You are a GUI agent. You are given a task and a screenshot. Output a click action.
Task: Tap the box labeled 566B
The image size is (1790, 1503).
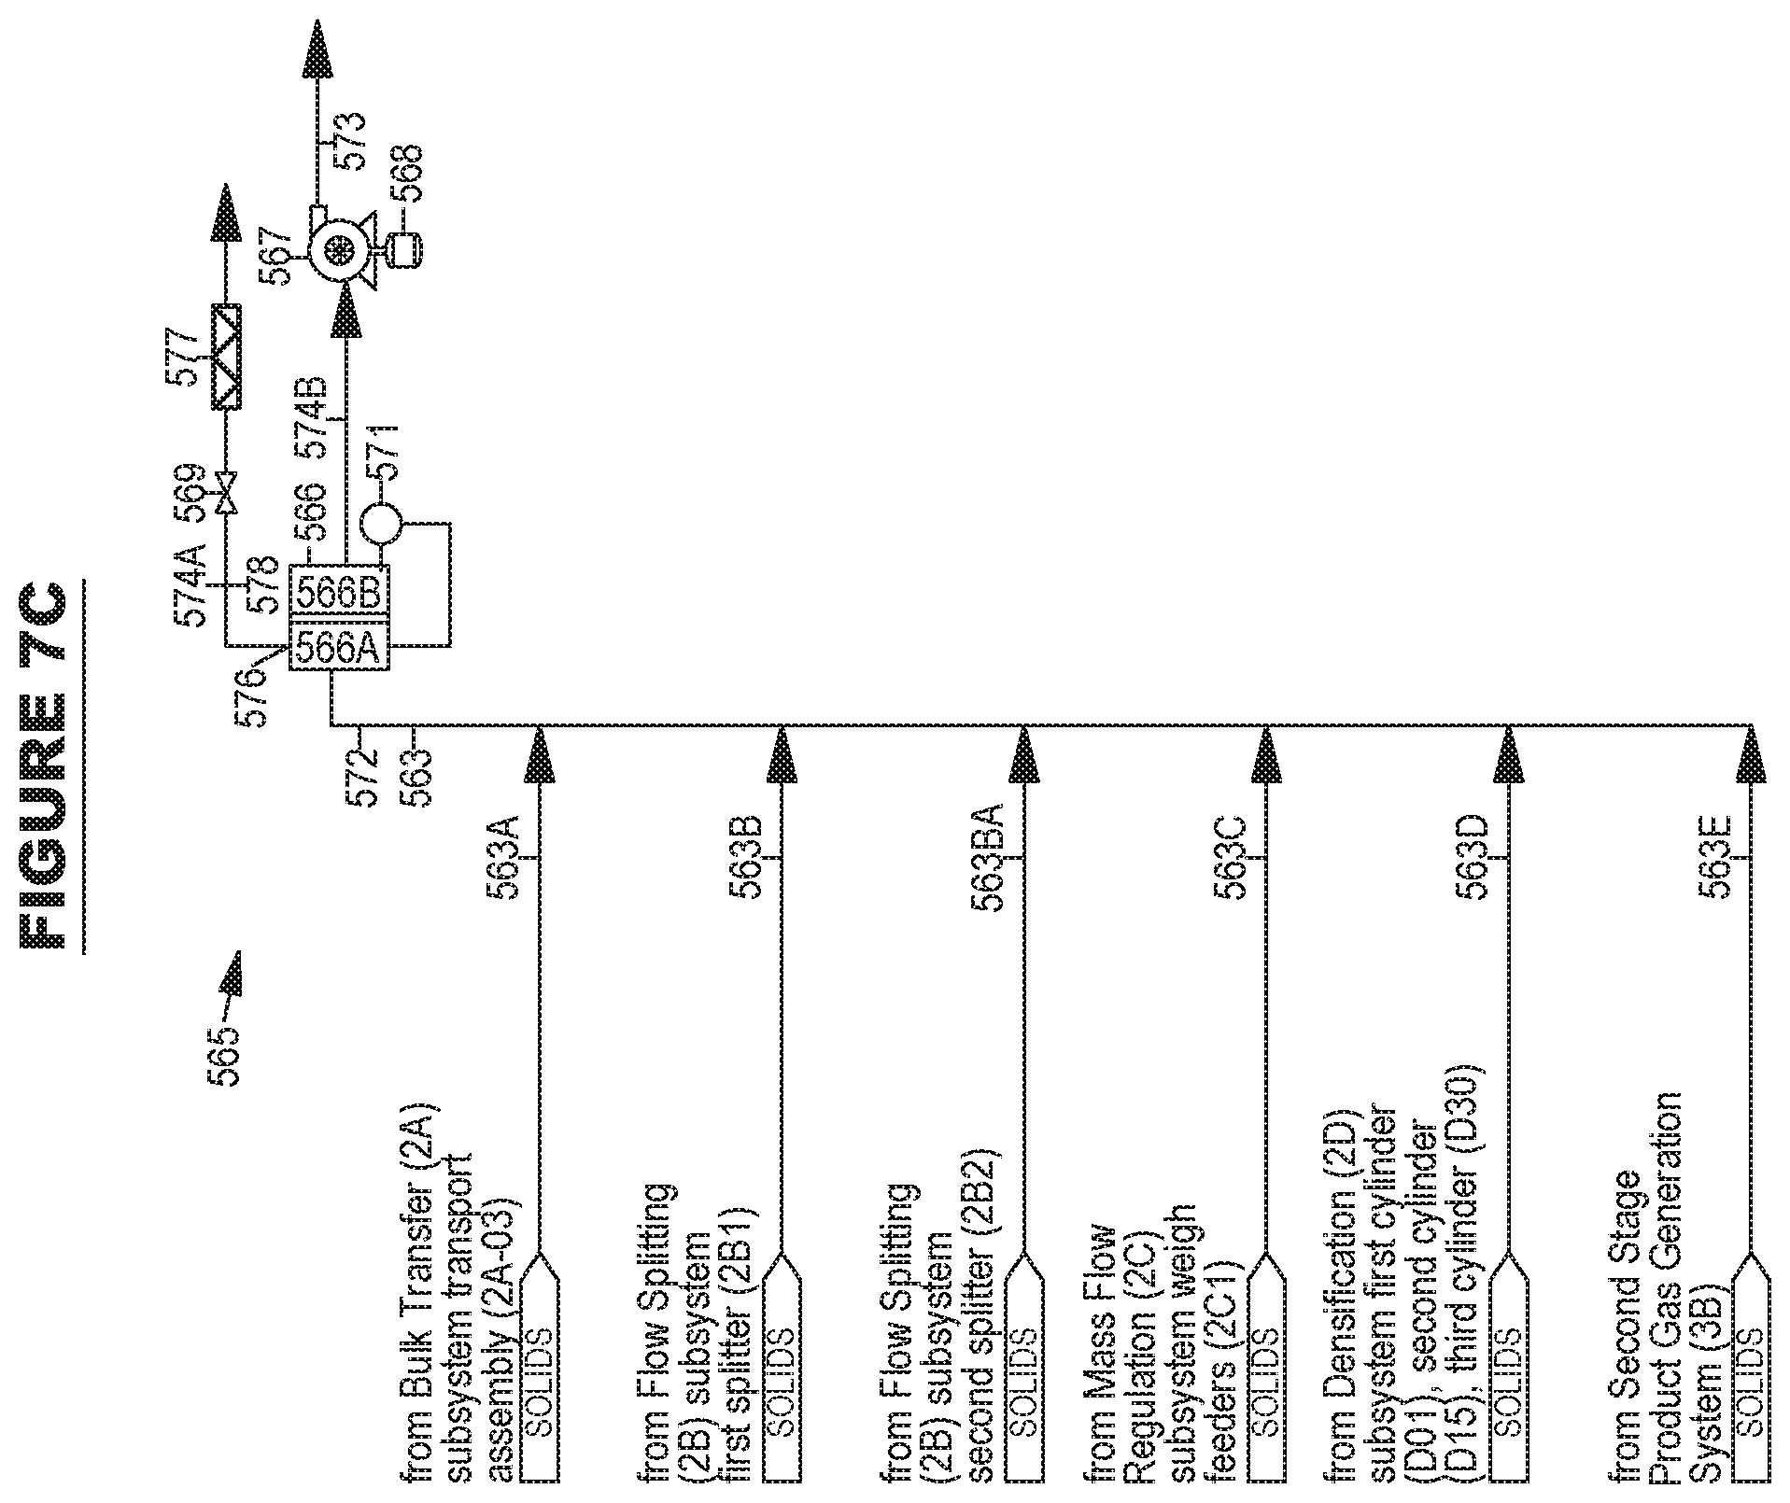click(x=339, y=592)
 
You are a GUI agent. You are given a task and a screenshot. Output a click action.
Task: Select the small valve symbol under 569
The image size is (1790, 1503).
click(x=225, y=492)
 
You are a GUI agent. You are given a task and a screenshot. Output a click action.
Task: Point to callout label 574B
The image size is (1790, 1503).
click(x=312, y=418)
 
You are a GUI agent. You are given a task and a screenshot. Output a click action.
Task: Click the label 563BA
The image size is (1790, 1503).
click(x=987, y=856)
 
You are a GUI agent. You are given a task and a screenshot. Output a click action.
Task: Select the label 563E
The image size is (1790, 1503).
click(x=1715, y=858)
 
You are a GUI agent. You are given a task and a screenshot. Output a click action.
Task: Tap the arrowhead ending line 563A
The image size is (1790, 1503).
click(x=540, y=754)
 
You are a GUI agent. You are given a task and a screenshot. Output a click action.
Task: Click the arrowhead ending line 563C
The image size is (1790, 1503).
click(x=1266, y=754)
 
